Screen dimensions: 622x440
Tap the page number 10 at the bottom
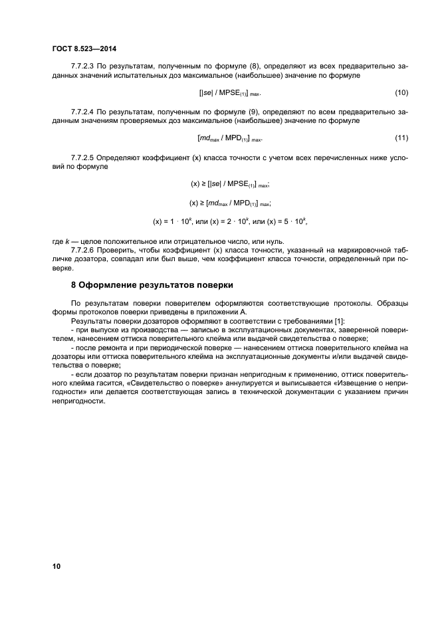pyautogui.click(x=56, y=566)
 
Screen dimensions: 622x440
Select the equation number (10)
pyautogui.click(x=401, y=92)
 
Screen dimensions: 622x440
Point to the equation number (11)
pyautogui.click(x=401, y=138)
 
